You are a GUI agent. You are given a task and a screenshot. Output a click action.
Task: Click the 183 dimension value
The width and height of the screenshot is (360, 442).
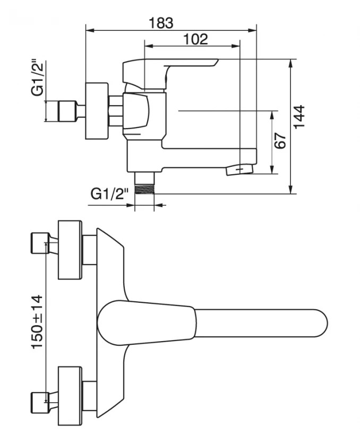pos(161,23)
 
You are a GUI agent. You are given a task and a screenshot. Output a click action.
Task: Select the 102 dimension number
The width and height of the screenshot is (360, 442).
pos(195,39)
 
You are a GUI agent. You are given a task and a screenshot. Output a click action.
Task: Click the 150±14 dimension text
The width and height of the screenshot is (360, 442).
pos(38,321)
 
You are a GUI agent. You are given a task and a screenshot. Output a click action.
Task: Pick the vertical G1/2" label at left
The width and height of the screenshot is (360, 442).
pos(37,78)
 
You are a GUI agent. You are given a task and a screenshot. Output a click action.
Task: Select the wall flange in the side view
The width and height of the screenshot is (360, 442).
pos(97,111)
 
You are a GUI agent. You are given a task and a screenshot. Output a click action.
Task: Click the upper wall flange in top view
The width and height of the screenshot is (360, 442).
pos(70,249)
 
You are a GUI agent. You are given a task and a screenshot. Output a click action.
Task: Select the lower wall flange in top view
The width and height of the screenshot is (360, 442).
pos(70,396)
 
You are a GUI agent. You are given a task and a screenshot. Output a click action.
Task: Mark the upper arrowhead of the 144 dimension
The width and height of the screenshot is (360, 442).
pos(291,62)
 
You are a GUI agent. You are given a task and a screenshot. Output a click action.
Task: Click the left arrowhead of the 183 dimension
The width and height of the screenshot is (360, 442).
pos(88,30)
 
